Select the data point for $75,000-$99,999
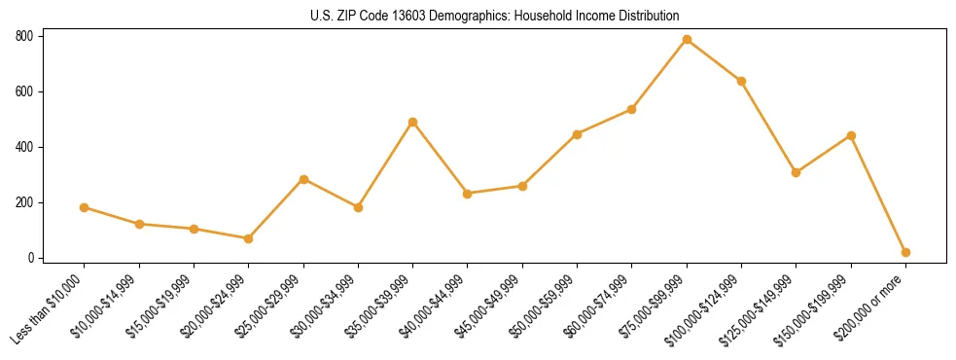click(687, 40)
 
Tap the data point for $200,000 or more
click(905, 252)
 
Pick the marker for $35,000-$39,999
click(412, 123)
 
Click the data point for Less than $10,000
click(85, 207)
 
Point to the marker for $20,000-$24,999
click(248, 238)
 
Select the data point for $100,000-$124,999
click(741, 81)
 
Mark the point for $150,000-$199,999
click(851, 135)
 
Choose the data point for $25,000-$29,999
click(303, 179)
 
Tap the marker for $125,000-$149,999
click(796, 172)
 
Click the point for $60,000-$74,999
click(631, 109)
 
